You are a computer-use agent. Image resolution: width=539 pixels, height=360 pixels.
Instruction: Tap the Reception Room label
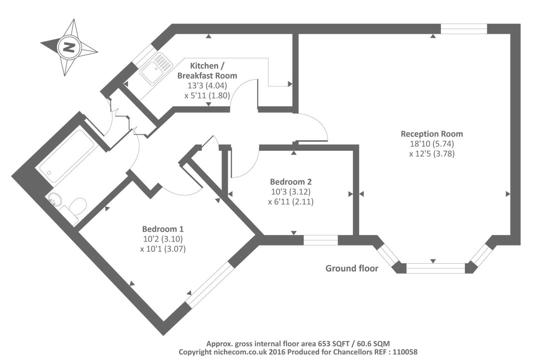coord(432,134)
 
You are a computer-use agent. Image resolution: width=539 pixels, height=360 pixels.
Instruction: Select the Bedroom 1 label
coord(163,229)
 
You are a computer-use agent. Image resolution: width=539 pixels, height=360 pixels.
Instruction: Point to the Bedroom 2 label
coord(291,182)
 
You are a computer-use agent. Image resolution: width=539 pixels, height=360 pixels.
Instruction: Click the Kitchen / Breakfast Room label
coord(207,70)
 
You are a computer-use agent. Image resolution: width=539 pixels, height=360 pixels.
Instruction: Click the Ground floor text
coord(352,268)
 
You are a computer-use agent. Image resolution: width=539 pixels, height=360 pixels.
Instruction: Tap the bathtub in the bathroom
coord(67,156)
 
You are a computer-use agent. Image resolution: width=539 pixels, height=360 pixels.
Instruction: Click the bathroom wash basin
coord(54,199)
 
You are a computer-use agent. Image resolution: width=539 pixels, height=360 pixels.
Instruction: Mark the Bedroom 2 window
coord(320,240)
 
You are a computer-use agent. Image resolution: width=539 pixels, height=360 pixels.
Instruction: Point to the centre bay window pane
coord(436,268)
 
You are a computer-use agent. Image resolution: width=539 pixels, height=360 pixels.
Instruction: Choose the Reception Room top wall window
coord(464,29)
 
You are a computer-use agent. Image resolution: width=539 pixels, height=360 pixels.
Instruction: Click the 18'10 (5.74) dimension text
coord(432,144)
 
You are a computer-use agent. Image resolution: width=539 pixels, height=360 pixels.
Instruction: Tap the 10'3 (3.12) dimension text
coord(291,192)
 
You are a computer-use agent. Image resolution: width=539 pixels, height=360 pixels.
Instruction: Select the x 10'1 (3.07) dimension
coord(163,249)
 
